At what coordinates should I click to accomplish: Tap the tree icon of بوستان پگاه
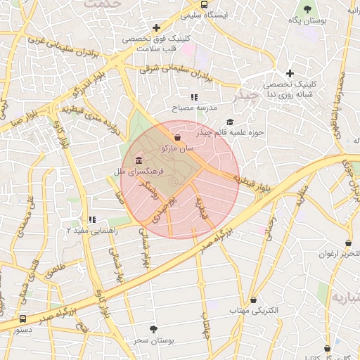click(307, 9)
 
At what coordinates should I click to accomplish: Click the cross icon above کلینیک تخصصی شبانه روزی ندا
click(290, 73)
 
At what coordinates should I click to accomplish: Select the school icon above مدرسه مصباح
click(194, 98)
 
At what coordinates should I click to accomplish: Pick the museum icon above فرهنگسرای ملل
click(139, 160)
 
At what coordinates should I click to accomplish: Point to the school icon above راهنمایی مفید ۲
click(91, 219)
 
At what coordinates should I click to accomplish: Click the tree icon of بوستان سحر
click(154, 328)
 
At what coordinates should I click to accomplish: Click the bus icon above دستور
click(23, 319)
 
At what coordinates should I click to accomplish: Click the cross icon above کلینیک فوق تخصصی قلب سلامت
click(146, 28)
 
